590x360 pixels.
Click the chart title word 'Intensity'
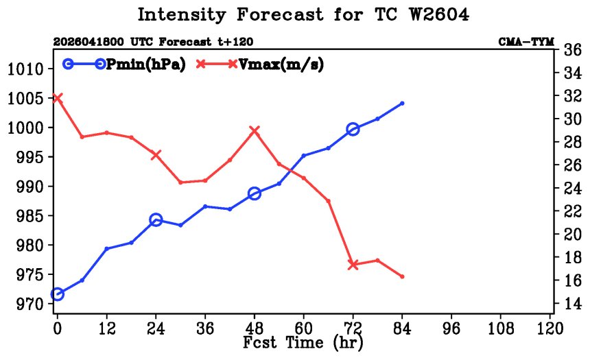coord(182,15)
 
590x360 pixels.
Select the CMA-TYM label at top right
coord(526,41)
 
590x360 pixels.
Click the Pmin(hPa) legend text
coord(146,64)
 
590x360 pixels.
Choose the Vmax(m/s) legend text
coord(281,64)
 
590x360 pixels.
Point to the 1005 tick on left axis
coord(25,99)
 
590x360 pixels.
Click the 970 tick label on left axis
coord(29,304)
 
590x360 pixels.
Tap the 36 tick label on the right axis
coord(572,50)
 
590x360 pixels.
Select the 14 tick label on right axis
coord(572,303)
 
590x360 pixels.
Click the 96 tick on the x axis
coord(451,328)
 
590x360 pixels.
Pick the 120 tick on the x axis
coord(550,328)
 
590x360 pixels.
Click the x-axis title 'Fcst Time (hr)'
coord(303,343)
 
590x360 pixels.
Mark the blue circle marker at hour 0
coord(57,293)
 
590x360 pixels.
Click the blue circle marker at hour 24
coord(156,220)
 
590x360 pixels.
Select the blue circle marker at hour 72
coord(353,130)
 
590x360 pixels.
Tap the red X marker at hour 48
coord(255,131)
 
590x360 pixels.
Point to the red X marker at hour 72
coord(353,265)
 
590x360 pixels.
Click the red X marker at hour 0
coord(57,98)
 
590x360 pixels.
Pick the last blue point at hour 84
coord(402,103)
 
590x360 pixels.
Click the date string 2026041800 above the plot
coord(88,41)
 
